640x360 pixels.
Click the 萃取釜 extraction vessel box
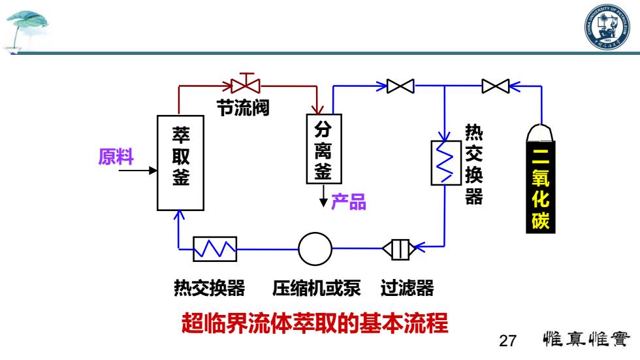tap(180, 163)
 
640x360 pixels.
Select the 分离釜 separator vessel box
tap(324, 149)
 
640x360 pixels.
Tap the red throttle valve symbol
tap(246, 84)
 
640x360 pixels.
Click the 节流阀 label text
tap(243, 108)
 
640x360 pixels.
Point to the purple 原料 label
tap(116, 156)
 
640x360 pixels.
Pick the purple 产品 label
tap(349, 202)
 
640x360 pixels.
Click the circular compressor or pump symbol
tap(315, 249)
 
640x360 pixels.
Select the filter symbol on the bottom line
tap(399, 249)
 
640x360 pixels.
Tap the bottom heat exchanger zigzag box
tap(215, 249)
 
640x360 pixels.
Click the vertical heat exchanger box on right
tap(446, 163)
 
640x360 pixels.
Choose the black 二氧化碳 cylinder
tap(541, 178)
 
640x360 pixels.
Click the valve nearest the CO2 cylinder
tap(496, 86)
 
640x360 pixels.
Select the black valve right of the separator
tap(400, 86)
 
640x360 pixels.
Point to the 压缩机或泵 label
tap(317, 287)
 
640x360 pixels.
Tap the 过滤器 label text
tap(407, 287)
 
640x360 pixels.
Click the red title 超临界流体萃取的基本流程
tap(315, 323)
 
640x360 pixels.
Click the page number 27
tap(508, 340)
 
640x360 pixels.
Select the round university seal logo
tap(607, 27)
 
